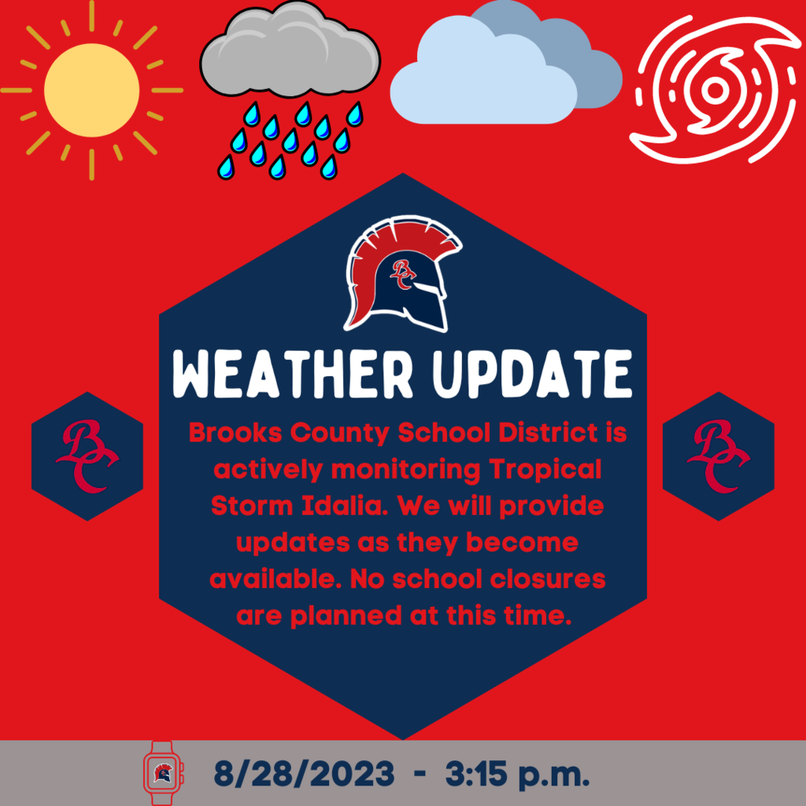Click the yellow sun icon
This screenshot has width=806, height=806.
coord(91,90)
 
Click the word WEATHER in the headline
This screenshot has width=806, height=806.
coord(293,374)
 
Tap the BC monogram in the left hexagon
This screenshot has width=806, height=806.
coord(87,456)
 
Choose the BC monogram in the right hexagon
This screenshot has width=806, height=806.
coord(719,456)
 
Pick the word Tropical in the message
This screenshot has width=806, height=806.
coord(545,470)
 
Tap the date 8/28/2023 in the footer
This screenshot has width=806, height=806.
coord(305,774)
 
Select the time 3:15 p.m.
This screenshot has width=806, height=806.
coord(517,775)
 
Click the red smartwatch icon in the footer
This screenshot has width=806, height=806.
coord(162,773)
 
